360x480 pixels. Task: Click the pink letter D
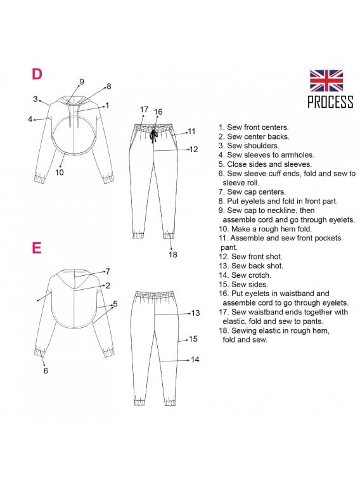37,74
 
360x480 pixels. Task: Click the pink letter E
36,248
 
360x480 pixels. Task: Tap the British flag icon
326,81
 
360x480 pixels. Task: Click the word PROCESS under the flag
330,102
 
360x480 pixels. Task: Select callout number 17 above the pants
144,110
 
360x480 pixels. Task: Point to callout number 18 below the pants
173,254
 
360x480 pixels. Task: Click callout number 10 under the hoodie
60,172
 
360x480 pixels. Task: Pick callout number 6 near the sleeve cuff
46,371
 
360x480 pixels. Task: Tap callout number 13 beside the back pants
195,313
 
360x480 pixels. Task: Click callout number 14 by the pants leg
195,360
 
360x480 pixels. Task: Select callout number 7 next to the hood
108,271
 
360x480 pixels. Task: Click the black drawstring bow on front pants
153,135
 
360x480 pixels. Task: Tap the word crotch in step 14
259,275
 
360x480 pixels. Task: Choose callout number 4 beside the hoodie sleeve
30,119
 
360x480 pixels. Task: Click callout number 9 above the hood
82,82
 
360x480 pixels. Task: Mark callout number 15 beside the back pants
193,339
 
